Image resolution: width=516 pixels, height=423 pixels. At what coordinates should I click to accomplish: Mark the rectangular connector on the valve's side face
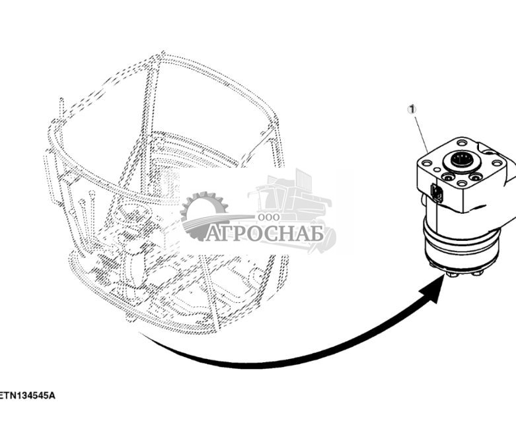coord(435,193)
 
